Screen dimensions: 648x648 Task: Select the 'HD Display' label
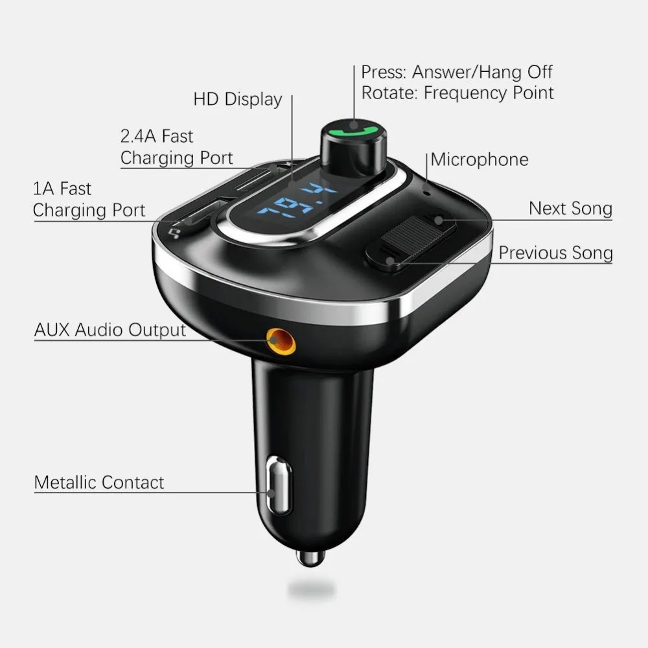point(238,99)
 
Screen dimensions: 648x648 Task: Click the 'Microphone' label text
point(480,159)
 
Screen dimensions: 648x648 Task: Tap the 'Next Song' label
point(570,208)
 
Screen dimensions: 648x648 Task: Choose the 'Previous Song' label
point(555,253)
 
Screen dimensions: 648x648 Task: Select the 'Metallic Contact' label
point(99,482)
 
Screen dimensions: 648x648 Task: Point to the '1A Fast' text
point(62,189)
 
